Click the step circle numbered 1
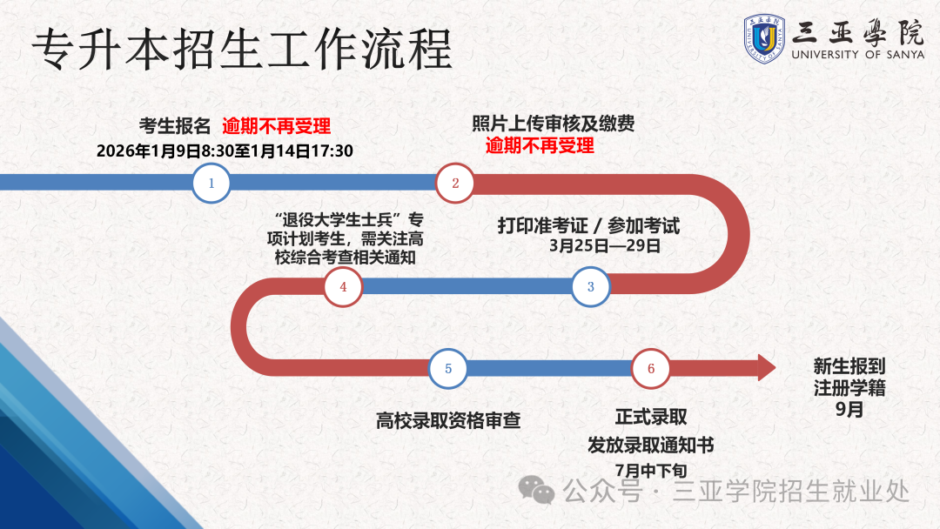[x=211, y=183]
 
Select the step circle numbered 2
[x=454, y=183]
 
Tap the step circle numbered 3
[x=591, y=287]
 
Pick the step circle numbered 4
[x=343, y=287]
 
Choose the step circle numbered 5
[x=448, y=368]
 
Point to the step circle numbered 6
[x=651, y=368]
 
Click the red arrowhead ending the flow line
[x=766, y=368]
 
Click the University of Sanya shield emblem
[x=765, y=38]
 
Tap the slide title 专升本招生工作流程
[x=242, y=49]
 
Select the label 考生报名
[x=175, y=125]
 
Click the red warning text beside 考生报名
[x=276, y=125]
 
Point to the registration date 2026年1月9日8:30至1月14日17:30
[x=225, y=151]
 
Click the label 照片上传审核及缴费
[x=553, y=124]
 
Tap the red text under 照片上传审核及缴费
[x=540, y=145]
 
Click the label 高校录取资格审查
[x=448, y=420]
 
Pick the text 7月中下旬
[x=651, y=470]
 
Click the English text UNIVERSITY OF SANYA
[x=857, y=54]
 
